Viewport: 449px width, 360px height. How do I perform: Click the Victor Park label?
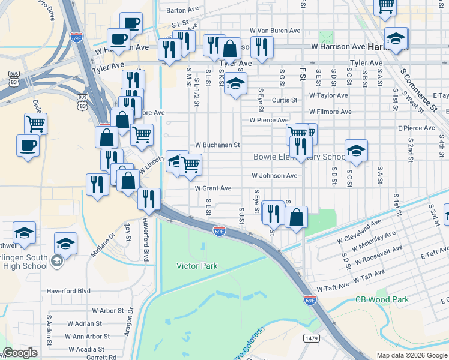197,265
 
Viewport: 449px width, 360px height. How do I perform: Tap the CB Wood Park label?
382,299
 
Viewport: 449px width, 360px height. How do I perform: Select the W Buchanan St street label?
217,145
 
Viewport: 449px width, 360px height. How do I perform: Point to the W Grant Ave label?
213,188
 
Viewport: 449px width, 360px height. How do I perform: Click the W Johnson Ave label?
274,176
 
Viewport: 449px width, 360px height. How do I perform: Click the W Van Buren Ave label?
275,30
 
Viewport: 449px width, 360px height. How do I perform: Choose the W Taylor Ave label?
328,95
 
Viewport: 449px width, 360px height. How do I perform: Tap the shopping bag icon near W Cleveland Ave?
297,217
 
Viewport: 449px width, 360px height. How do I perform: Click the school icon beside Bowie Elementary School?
356,150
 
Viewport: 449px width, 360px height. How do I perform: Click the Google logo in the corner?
20,353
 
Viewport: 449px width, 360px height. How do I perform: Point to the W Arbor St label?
112,311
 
